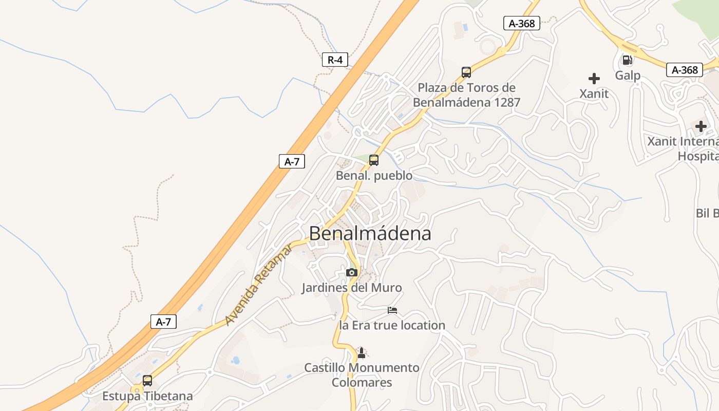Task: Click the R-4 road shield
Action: click(335, 60)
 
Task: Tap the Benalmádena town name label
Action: click(370, 234)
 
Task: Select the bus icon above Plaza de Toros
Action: click(466, 72)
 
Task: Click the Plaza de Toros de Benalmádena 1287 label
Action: click(466, 95)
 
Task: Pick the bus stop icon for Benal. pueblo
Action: click(374, 160)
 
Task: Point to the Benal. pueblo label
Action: click(374, 176)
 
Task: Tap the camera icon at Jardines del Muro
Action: click(352, 272)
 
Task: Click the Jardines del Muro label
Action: click(351, 288)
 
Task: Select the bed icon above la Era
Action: click(392, 310)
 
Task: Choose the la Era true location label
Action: click(392, 325)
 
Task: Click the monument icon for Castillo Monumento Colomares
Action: click(362, 353)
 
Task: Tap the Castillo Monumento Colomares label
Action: click(362, 375)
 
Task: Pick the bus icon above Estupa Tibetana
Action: click(147, 381)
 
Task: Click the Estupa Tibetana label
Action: click(147, 396)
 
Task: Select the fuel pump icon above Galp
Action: click(627, 60)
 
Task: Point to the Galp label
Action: click(628, 76)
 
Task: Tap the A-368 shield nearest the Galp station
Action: click(684, 70)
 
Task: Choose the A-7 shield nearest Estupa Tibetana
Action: click(163, 322)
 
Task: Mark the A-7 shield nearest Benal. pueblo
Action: click(292, 162)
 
